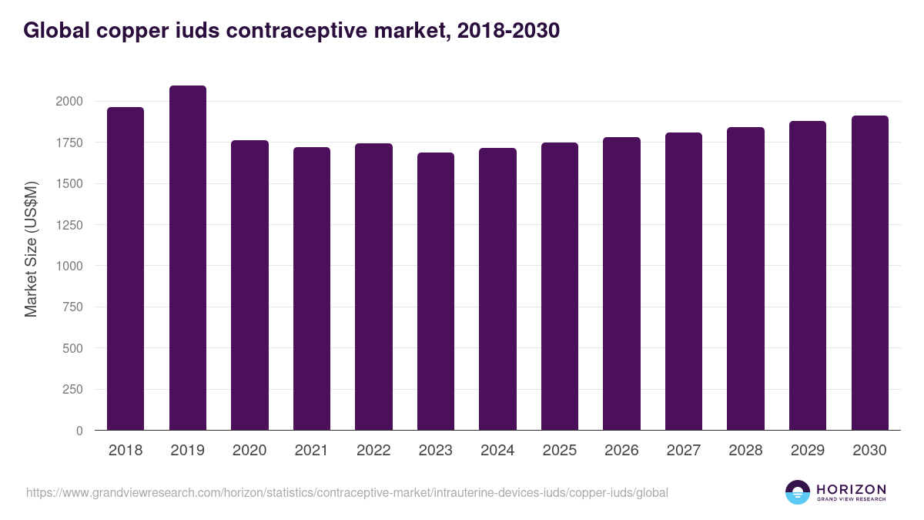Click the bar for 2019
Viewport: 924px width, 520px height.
pos(188,258)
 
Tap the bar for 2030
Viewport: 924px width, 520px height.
pos(870,273)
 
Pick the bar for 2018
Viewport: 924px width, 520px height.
pos(126,269)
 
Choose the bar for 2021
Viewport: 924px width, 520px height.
pos(312,289)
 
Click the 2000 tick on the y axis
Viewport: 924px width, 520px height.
pos(69,102)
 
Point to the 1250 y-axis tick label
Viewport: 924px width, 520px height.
pos(69,225)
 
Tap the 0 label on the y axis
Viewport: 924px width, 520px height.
pos(79,431)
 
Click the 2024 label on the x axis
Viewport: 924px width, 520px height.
pos(497,451)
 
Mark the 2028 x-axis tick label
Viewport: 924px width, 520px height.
pos(745,451)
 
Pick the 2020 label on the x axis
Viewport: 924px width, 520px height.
pos(249,451)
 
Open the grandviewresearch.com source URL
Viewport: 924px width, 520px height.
pos(347,492)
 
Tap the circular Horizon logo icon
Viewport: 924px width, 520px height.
pos(798,492)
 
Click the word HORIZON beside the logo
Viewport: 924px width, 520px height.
pos(851,489)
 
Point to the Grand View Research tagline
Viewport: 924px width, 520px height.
pos(851,499)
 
